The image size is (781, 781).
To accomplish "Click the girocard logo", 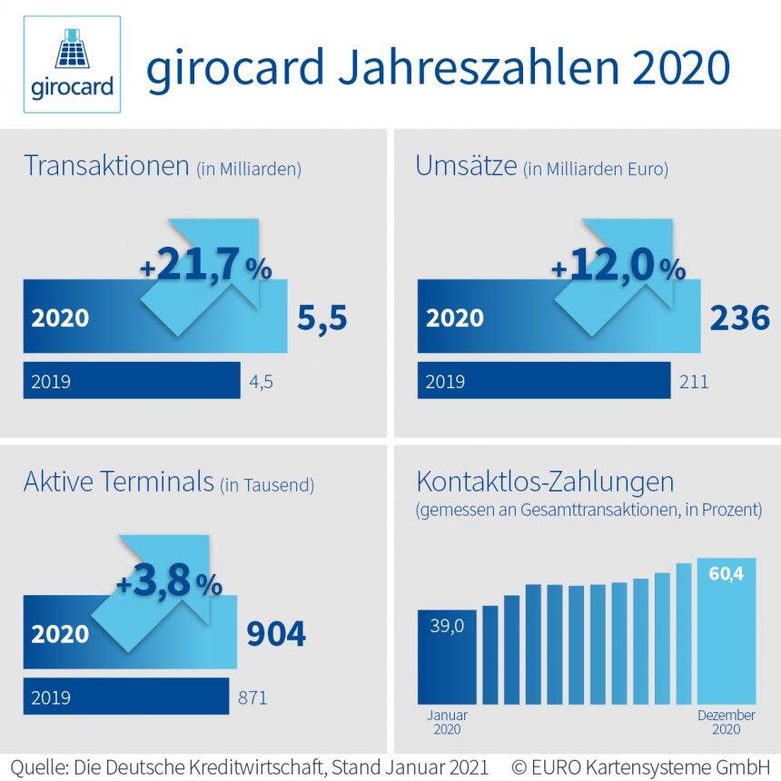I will point(73,64).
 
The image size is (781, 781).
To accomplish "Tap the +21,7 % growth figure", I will point(205,267).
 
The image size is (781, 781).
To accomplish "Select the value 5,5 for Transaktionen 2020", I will point(321,318).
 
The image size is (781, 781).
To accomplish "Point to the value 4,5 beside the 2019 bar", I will point(261,382).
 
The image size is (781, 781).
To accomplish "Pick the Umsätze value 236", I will point(738,318).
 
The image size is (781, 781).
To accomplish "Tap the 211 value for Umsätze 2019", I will point(694,382).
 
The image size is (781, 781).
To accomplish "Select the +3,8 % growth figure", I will point(169,583).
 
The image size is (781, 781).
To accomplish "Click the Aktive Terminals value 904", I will point(276,634).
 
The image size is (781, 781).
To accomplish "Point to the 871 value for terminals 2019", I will point(252,698).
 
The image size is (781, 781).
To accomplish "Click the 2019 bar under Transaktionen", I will point(132,381).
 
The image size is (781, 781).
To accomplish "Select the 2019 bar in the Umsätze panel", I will point(543,381).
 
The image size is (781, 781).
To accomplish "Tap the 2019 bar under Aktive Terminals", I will point(125,698).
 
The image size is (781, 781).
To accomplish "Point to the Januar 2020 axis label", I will point(446,722).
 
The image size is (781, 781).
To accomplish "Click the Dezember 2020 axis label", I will point(726,722).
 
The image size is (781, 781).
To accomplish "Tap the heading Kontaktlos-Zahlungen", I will point(544,480).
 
